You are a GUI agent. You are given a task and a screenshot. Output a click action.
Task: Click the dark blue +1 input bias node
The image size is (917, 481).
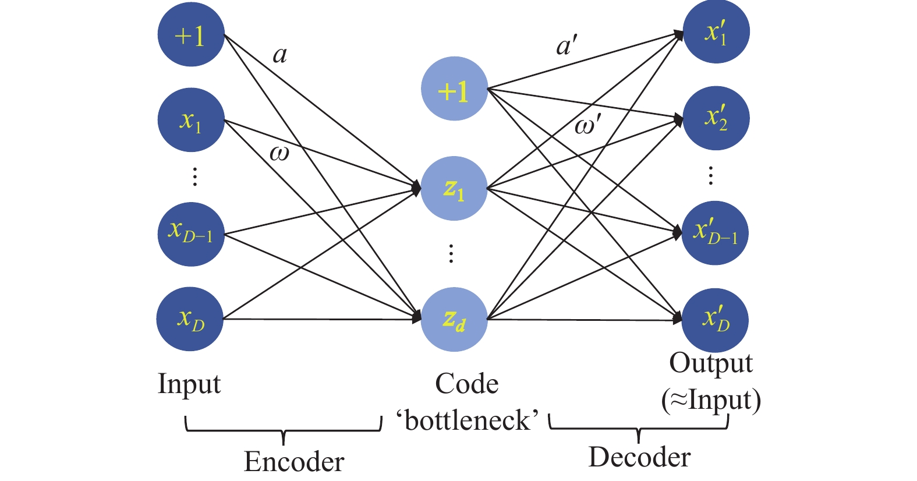click(191, 34)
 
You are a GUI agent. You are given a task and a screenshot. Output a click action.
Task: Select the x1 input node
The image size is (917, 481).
click(191, 120)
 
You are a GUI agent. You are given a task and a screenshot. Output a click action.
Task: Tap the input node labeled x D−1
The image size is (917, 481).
click(191, 234)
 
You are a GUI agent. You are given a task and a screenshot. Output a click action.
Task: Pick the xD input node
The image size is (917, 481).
click(190, 319)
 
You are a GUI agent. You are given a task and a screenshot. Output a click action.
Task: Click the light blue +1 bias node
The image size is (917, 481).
click(454, 89)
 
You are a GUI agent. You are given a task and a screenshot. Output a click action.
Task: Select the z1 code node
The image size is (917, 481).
click(454, 188)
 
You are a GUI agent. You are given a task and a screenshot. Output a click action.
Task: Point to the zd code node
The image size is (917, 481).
click(454, 319)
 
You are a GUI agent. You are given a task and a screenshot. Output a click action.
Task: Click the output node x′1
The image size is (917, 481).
click(716, 31)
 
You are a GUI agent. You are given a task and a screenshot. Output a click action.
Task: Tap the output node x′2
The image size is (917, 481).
click(716, 118)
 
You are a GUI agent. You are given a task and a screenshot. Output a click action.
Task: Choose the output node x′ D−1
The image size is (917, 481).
click(715, 233)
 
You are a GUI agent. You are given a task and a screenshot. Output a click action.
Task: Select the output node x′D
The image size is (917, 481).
click(715, 320)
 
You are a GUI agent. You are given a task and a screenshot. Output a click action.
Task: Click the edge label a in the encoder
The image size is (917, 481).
click(280, 55)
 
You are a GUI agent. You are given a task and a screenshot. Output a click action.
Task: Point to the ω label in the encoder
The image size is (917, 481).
click(279, 154)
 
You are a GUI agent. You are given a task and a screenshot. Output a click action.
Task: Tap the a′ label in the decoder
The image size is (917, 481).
click(567, 45)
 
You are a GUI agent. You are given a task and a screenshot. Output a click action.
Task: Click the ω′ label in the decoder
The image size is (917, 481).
click(588, 126)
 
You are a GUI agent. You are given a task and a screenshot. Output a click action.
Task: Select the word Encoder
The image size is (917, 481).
click(294, 461)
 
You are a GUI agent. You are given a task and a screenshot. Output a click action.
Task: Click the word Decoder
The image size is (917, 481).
click(639, 457)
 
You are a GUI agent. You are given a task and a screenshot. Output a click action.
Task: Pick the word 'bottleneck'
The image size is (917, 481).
click(468, 420)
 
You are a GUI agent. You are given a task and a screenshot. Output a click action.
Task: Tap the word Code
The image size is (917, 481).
click(467, 384)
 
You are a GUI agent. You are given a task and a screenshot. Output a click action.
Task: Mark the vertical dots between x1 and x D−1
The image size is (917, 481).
click(195, 177)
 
